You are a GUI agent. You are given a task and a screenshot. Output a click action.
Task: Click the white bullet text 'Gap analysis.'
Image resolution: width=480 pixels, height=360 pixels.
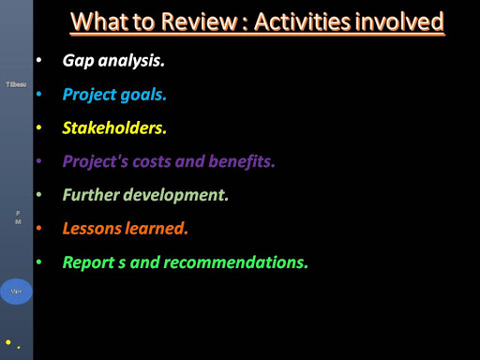tap(113, 61)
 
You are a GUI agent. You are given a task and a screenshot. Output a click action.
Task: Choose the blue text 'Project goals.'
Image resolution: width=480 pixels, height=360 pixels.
tap(114, 95)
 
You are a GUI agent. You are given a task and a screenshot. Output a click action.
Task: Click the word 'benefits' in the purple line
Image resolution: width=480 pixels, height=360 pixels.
tap(235, 160)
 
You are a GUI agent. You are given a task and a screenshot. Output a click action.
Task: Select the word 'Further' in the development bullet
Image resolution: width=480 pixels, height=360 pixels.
tap(91, 195)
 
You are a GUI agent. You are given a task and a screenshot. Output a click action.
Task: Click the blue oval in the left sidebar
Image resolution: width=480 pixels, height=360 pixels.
tap(16, 292)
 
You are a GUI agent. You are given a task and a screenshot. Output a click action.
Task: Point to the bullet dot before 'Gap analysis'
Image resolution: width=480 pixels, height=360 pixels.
tap(38, 61)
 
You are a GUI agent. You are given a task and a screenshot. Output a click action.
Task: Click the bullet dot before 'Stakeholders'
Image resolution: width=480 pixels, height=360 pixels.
tap(38, 127)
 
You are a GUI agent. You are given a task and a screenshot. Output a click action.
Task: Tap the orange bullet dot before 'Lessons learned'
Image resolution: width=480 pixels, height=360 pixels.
tap(38, 228)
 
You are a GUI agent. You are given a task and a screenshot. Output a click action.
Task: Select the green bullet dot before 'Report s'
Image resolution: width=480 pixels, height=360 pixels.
tap(38, 262)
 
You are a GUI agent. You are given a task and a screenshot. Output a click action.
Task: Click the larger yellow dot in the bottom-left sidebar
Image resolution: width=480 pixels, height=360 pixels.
tap(8, 342)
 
